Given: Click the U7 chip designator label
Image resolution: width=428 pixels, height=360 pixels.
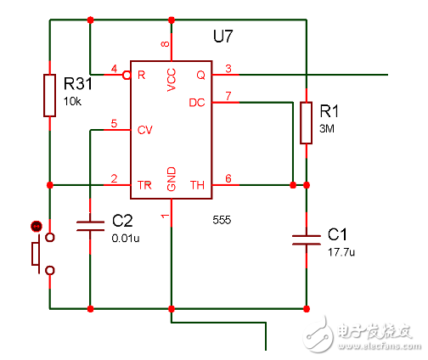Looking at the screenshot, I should [x=224, y=37].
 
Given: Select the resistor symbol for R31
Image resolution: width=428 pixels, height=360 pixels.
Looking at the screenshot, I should [x=49, y=94].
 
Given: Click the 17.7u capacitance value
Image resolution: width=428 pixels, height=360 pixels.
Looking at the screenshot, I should [x=341, y=252].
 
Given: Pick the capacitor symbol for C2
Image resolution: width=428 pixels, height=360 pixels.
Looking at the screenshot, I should [x=89, y=227].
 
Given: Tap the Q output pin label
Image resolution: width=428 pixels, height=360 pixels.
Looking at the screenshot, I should [x=202, y=75].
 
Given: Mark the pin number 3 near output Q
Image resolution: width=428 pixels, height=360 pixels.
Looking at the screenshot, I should [x=227, y=68].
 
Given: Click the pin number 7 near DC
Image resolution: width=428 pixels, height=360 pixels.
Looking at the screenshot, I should [x=227, y=95].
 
